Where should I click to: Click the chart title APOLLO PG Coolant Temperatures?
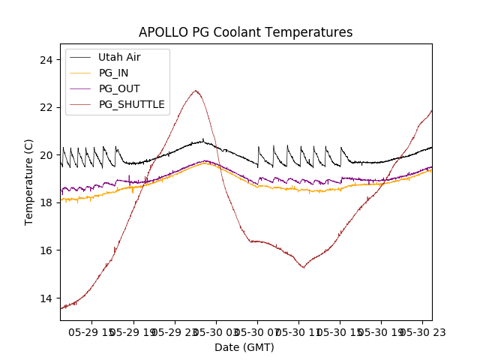(245, 32)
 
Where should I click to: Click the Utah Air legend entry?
(119, 57)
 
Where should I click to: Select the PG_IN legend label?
(113, 73)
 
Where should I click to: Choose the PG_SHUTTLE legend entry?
(131, 104)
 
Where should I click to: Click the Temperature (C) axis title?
(29, 181)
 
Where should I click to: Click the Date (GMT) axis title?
(244, 347)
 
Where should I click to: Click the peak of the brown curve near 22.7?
(196, 91)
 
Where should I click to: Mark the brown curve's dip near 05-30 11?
(303, 267)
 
